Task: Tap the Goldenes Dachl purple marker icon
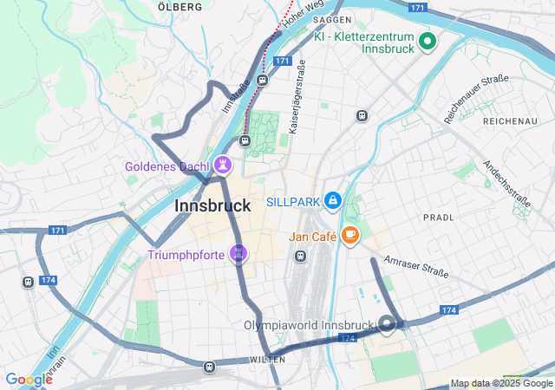pos(225,164)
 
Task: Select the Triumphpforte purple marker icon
pos(238,255)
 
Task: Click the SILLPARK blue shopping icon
pos(332,201)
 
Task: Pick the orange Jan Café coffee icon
pos(350,235)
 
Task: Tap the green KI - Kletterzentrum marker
pos(427,41)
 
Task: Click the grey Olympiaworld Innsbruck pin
pos(386,326)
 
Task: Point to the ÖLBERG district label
pos(180,7)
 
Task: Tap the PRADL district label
pos(438,217)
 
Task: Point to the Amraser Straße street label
pos(416,267)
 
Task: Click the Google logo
pos(29,379)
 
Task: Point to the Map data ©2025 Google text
pos(501,384)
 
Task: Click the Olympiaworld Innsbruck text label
pos(308,326)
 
